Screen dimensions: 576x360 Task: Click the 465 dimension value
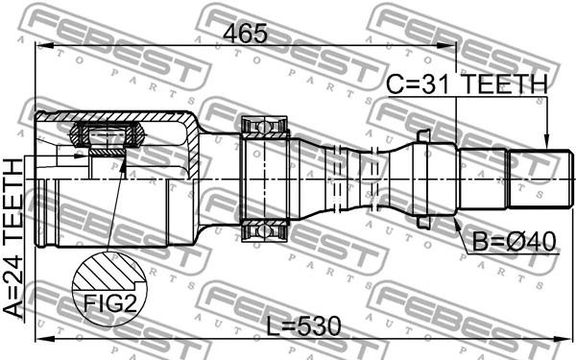click(x=246, y=34)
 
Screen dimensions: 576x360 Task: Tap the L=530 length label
click(x=303, y=326)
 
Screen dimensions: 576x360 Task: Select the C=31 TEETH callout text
click(x=467, y=84)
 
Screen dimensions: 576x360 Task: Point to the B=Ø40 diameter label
click(x=514, y=242)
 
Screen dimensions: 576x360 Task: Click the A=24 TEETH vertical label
click(x=13, y=238)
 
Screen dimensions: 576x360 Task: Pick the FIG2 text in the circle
click(x=109, y=303)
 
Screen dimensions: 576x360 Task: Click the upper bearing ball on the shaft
click(x=263, y=127)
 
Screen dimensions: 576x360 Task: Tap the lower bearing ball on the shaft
click(x=263, y=231)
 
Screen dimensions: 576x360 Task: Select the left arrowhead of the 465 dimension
click(x=45, y=45)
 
